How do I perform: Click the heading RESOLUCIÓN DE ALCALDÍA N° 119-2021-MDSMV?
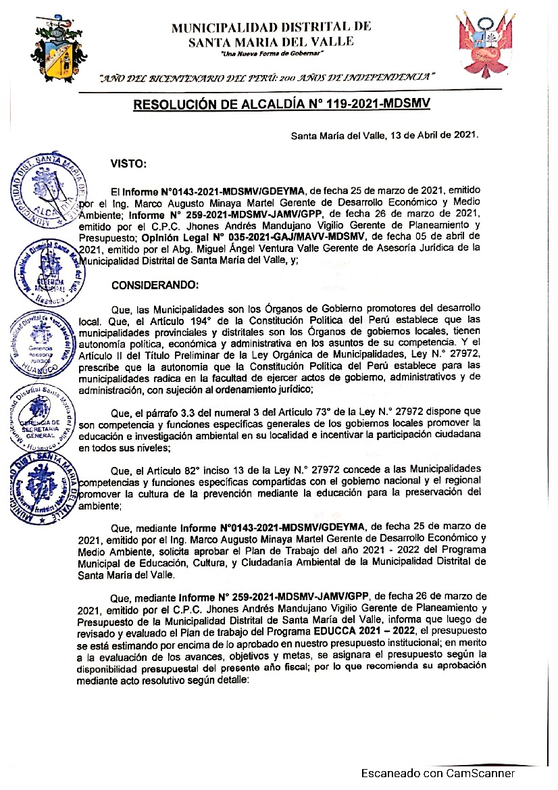[282, 105]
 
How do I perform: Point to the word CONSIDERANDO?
[155, 286]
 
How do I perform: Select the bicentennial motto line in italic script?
[268, 78]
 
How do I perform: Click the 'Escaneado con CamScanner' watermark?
[438, 773]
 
